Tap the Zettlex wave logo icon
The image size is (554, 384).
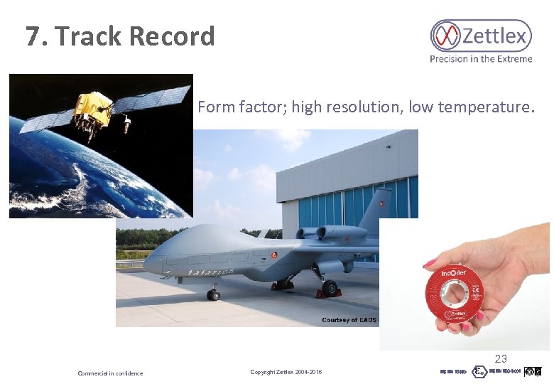pyautogui.click(x=446, y=36)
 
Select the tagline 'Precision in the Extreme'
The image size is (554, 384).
pyautogui.click(x=481, y=59)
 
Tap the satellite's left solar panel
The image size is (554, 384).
pyautogui.click(x=46, y=122)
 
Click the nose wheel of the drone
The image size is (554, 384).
pyautogui.click(x=212, y=294)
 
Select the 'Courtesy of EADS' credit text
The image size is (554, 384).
pyautogui.click(x=349, y=320)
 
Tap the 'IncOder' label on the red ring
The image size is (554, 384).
pyautogui.click(x=455, y=272)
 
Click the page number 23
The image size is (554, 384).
pyautogui.click(x=501, y=359)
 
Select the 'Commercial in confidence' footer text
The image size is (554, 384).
pyautogui.click(x=110, y=373)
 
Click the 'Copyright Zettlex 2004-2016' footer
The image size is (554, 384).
pyautogui.click(x=286, y=373)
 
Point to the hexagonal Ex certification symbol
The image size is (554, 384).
pyautogui.click(x=480, y=372)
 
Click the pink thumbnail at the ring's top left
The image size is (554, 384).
pyautogui.click(x=430, y=264)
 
